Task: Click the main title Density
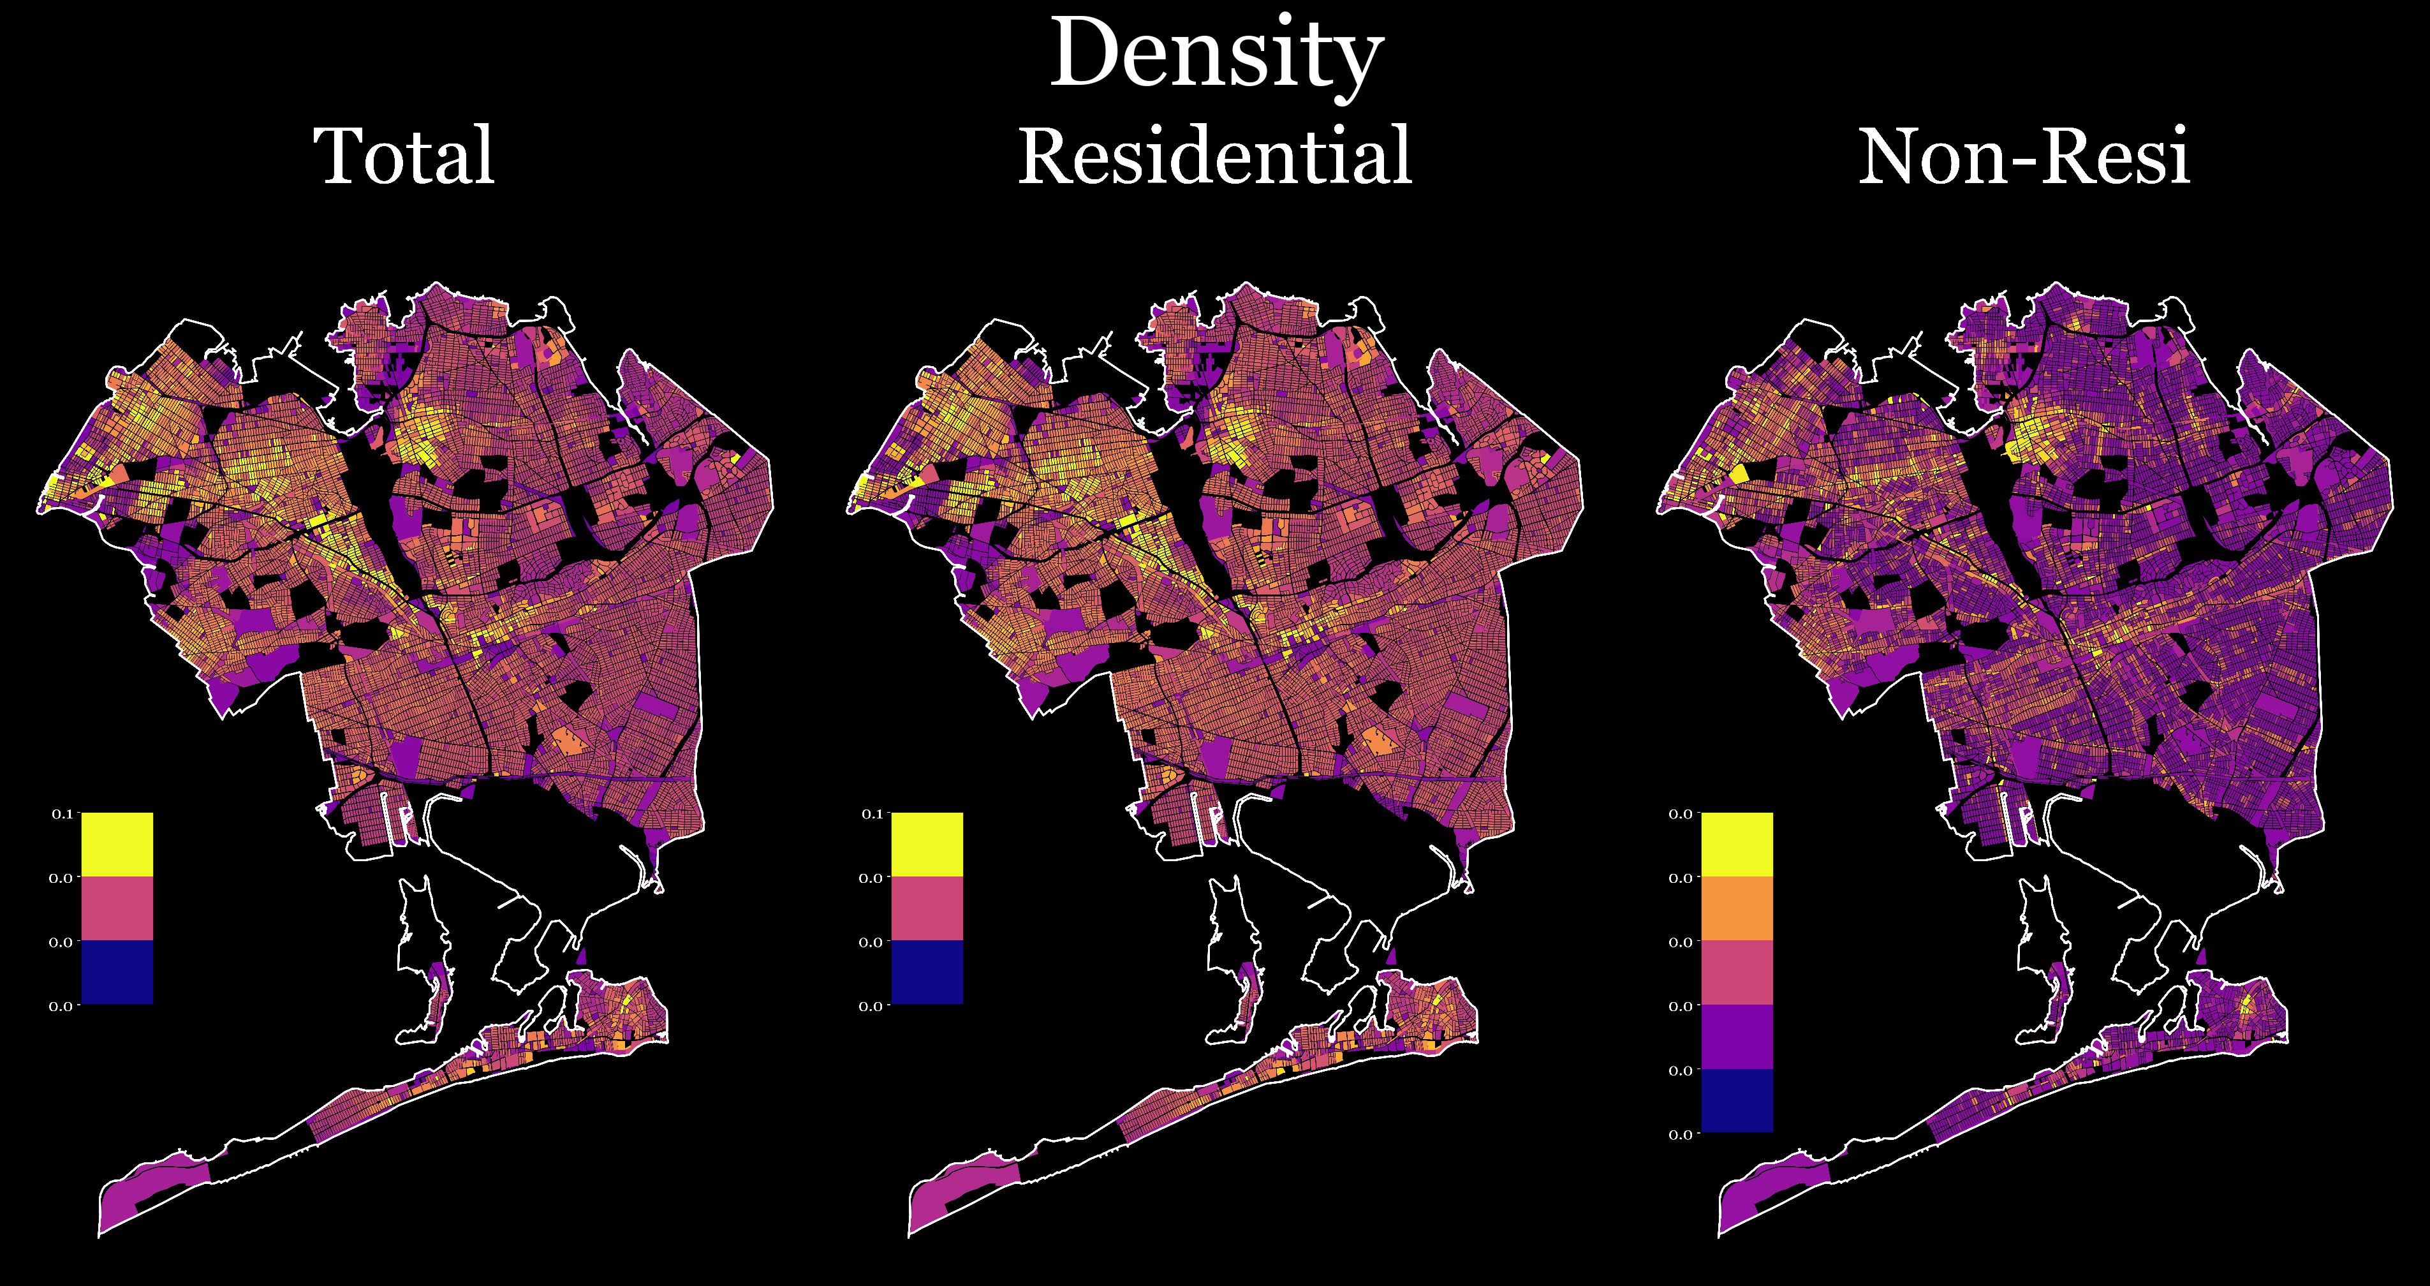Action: tap(1215, 57)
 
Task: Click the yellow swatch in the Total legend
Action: tap(117, 845)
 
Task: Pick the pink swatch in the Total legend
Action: tap(117, 908)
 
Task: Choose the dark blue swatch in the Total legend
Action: tap(117, 972)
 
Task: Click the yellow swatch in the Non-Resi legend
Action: tap(1737, 845)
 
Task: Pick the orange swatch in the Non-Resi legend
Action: tap(1737, 908)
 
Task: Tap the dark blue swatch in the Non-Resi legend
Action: tap(1737, 1100)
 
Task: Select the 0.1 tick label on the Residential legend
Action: tap(872, 813)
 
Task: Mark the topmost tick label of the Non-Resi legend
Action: tap(1681, 813)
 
